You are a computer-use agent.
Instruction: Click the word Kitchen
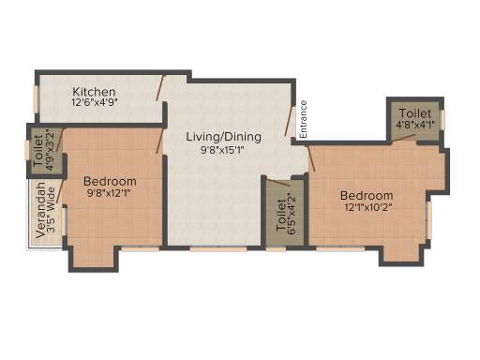coord(94,92)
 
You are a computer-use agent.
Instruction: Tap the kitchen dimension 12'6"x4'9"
coord(95,102)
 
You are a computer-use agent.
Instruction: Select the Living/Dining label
coord(224,137)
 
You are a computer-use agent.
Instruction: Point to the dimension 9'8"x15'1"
coord(222,150)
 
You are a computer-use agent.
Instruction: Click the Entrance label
coord(303,119)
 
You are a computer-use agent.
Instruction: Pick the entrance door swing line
coord(290,121)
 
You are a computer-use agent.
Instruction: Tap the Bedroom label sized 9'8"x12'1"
coord(110,182)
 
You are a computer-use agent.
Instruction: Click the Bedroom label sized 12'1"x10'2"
coord(367,196)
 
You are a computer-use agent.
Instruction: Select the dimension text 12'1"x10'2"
coord(368,207)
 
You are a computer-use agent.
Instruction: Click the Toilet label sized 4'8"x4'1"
coord(415,113)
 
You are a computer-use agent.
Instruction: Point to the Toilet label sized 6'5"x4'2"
coord(281,216)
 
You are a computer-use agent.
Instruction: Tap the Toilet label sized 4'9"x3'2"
coord(38,150)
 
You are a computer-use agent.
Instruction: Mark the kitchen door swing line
coord(159,88)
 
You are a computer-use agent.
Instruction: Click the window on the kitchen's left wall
coord(37,98)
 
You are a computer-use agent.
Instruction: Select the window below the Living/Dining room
coord(218,249)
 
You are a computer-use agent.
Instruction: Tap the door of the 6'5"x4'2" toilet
coord(279,183)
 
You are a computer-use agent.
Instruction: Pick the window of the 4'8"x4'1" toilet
coord(442,119)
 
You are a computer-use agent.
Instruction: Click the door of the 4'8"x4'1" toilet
coord(403,139)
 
